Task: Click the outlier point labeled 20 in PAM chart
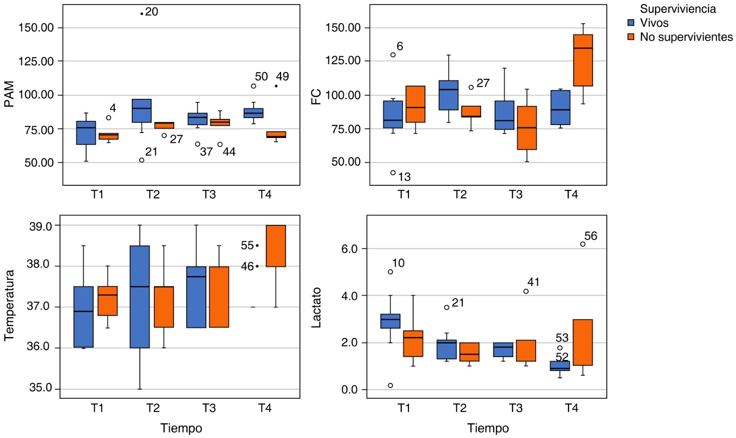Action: (142, 14)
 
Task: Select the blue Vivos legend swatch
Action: (631, 23)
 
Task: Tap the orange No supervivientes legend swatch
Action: (631, 37)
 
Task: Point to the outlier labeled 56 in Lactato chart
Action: (583, 244)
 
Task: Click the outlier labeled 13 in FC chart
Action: (393, 173)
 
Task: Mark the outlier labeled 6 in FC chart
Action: (393, 55)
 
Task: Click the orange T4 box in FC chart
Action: (583, 60)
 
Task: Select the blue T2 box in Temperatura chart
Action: (139, 297)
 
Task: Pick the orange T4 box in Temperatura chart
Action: (276, 246)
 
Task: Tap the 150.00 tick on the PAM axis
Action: (36, 28)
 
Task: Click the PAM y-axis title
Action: (9, 95)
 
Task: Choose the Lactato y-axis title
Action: (316, 308)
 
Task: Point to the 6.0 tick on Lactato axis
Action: (349, 249)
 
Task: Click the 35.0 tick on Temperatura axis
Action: (40, 388)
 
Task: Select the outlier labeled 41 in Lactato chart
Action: (526, 291)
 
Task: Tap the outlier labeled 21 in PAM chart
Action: (142, 160)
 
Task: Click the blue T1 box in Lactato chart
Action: (390, 321)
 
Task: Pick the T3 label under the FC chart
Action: (516, 195)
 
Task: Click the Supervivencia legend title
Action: (678, 9)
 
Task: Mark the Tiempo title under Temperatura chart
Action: (181, 428)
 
